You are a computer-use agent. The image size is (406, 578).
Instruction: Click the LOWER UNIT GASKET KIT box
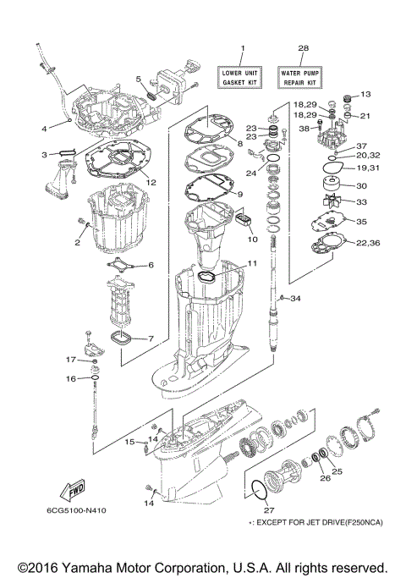(243, 79)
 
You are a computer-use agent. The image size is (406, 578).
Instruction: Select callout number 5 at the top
(139, 79)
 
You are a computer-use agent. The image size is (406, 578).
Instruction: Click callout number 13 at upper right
(366, 94)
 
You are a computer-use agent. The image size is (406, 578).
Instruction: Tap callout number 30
(360, 186)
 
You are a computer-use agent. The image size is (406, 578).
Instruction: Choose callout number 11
(251, 264)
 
